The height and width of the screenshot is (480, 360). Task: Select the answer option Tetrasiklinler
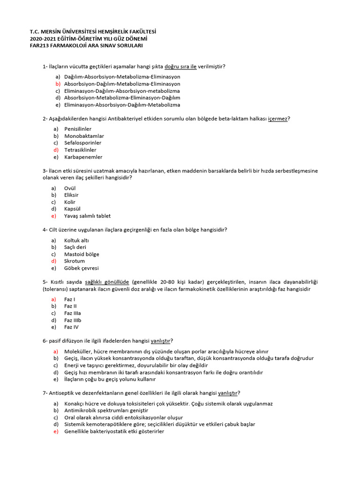(80, 150)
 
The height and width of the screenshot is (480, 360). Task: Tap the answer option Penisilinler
(78, 128)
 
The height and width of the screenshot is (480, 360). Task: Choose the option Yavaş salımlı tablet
(87, 216)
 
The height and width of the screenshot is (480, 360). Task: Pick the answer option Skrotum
(75, 261)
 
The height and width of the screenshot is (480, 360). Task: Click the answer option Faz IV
(71, 327)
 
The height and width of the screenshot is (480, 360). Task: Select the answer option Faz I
(70, 299)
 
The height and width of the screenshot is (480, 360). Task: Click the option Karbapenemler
(83, 157)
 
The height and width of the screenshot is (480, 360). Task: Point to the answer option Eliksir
(71, 195)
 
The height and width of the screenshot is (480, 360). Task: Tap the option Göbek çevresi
(82, 268)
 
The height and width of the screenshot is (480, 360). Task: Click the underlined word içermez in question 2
(277, 119)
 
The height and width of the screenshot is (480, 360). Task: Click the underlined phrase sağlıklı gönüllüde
(107, 282)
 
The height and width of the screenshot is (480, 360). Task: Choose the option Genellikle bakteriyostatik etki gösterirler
(114, 431)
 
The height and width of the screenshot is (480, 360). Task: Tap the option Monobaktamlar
(84, 136)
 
